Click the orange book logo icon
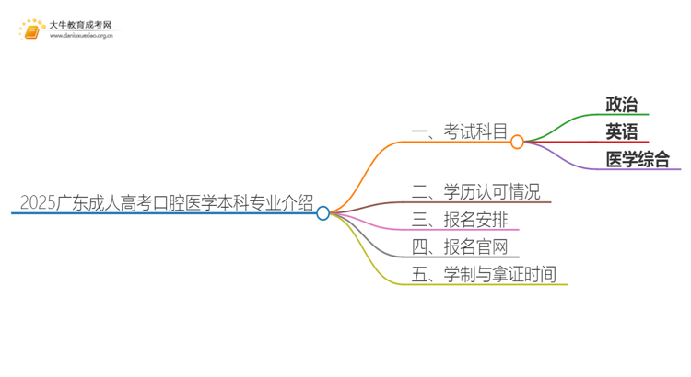(x=32, y=29)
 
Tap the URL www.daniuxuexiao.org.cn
(x=82, y=36)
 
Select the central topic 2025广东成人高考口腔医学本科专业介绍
(x=166, y=202)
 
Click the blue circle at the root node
(x=322, y=213)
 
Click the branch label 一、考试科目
(x=460, y=131)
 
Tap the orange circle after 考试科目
(x=517, y=142)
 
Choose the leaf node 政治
(x=621, y=105)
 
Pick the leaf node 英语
(x=621, y=131)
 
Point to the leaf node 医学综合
(x=638, y=159)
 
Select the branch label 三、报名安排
(x=460, y=219)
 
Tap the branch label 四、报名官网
(x=460, y=246)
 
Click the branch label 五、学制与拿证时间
(x=485, y=273)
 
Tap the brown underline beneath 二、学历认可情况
(x=479, y=202)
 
